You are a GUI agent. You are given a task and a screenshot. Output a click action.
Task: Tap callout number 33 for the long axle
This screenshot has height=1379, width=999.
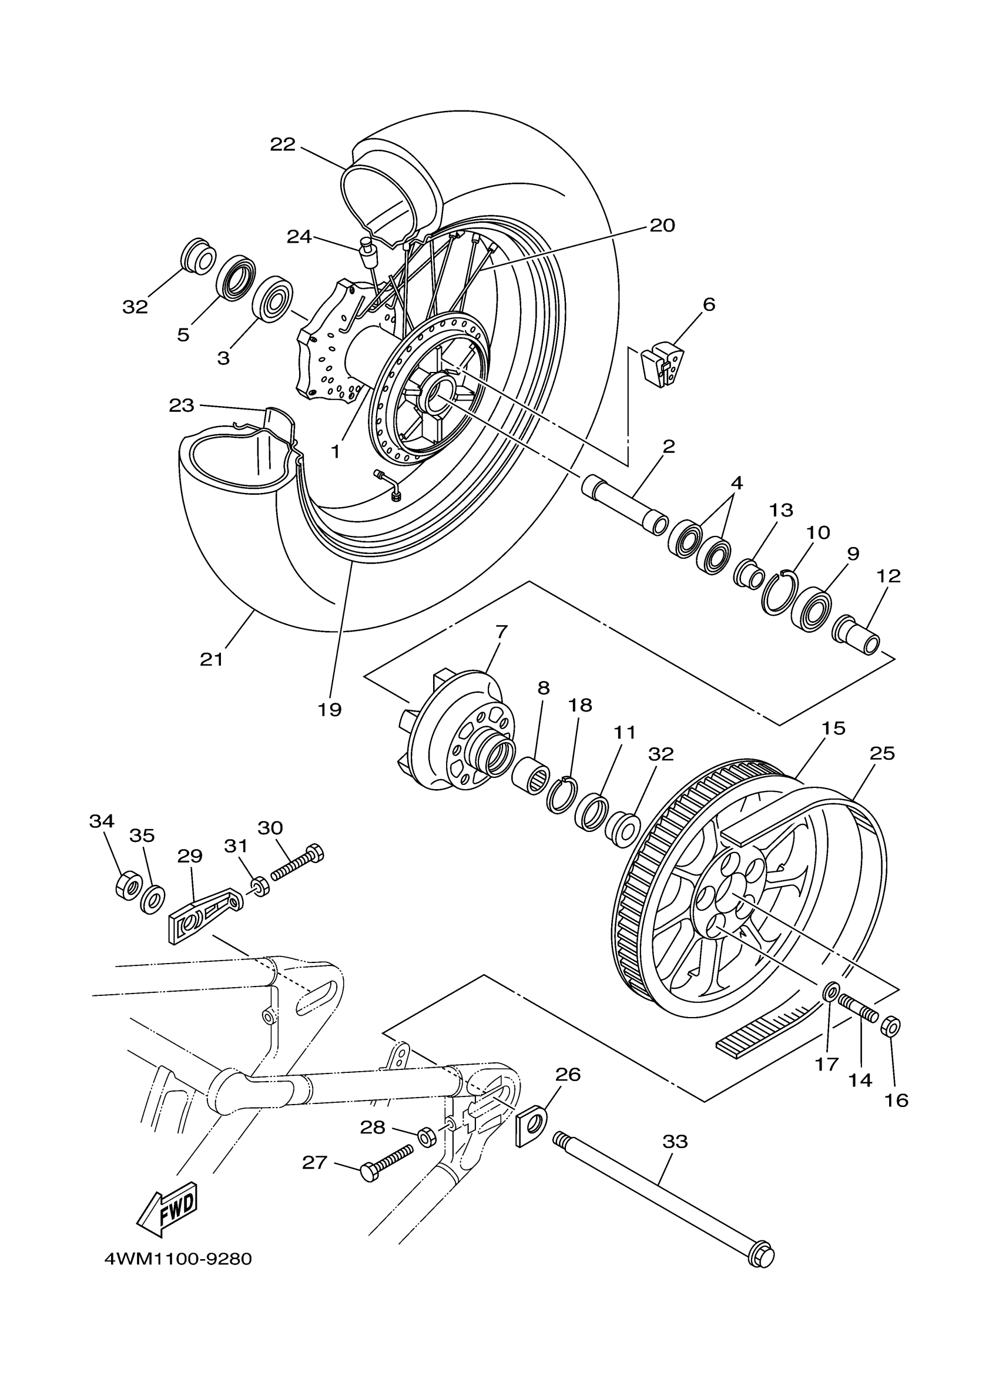pyautogui.click(x=675, y=1141)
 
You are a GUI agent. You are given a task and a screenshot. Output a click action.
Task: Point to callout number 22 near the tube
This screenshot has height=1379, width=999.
pyautogui.click(x=283, y=144)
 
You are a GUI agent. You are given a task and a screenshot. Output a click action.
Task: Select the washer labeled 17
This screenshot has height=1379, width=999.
pyautogui.click(x=831, y=992)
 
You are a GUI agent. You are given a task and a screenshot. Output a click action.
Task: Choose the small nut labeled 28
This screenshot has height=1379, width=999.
pyautogui.click(x=427, y=1135)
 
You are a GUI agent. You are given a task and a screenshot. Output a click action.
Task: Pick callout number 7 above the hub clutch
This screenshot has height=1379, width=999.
pyautogui.click(x=501, y=632)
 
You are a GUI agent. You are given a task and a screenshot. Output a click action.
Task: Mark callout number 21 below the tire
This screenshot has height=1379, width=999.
pyautogui.click(x=212, y=659)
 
